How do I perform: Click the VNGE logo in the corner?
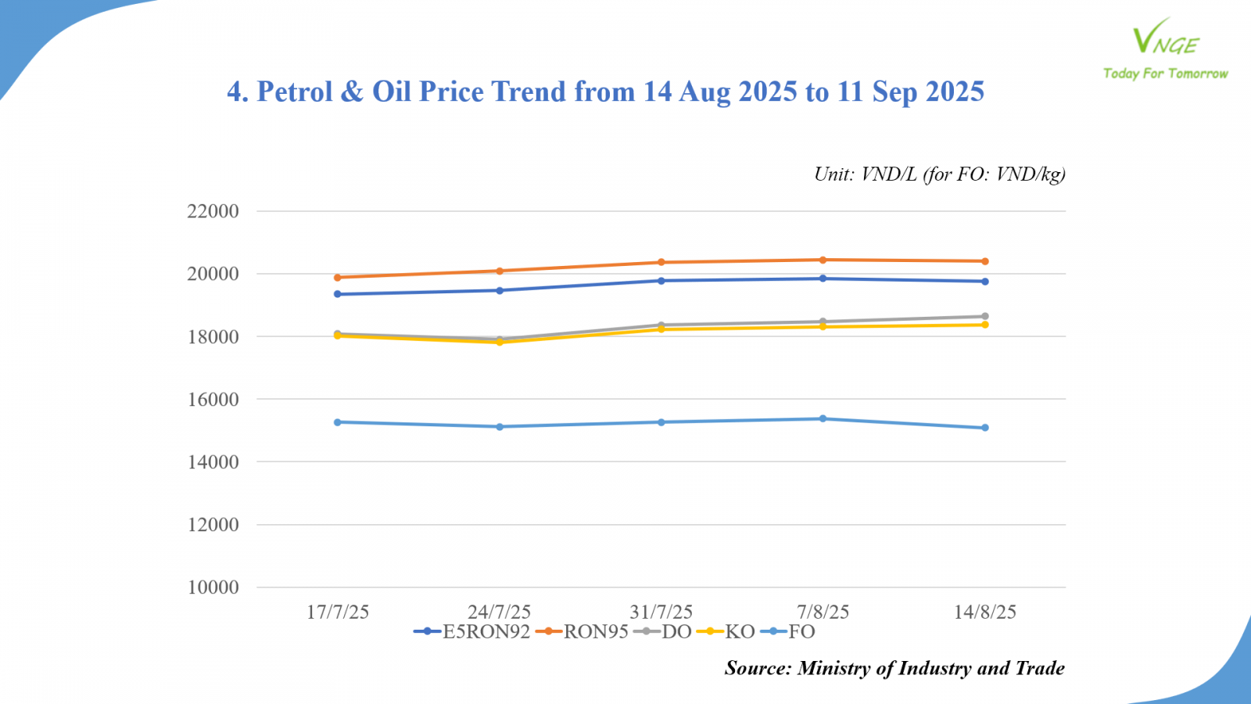coord(1165,38)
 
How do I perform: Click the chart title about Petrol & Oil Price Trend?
coord(605,92)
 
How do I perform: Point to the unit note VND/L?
coord(939,174)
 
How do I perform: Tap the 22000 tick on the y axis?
coord(213,211)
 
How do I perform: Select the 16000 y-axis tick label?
coord(213,399)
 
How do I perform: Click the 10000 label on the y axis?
coord(213,587)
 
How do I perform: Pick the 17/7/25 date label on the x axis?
coord(338,612)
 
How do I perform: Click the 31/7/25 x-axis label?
coord(661,612)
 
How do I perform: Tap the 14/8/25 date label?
coord(985,612)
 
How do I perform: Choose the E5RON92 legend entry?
coord(473,632)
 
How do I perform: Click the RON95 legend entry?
coord(583,632)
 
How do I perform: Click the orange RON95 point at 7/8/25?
coord(823,260)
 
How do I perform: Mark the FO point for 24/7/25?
coord(500,426)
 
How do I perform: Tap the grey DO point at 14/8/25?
coord(985,316)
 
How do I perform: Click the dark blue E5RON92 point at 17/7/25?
coord(338,294)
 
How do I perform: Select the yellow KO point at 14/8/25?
coord(985,325)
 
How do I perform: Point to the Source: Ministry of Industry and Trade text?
coord(894,668)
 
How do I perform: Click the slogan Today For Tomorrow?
coord(1165,74)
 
